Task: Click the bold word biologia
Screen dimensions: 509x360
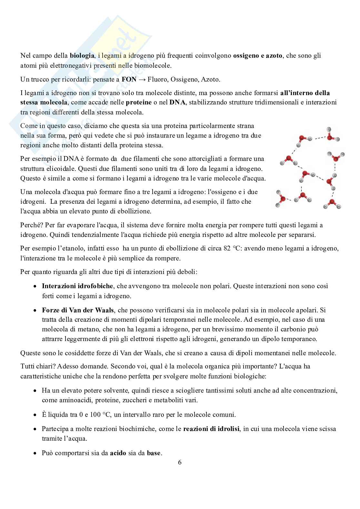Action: tap(82, 55)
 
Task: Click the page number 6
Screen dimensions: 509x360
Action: tap(180, 462)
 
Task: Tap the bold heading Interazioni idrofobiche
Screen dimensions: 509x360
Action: tap(77, 286)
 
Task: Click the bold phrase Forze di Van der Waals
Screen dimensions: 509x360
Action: tap(78, 310)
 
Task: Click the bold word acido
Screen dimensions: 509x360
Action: tap(117, 453)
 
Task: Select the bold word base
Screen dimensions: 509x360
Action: tap(154, 453)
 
